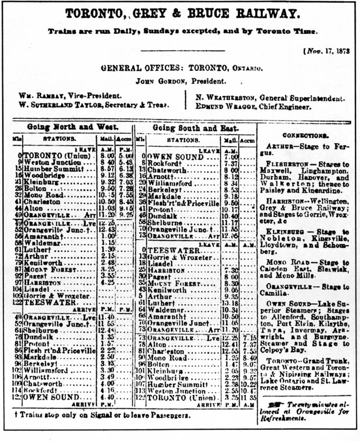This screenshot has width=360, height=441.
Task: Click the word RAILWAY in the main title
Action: tap(254, 13)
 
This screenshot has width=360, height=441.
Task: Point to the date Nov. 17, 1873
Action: tap(327, 51)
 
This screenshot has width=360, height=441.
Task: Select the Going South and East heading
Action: tap(195, 128)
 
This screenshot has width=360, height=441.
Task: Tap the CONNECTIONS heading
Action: tap(305, 136)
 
